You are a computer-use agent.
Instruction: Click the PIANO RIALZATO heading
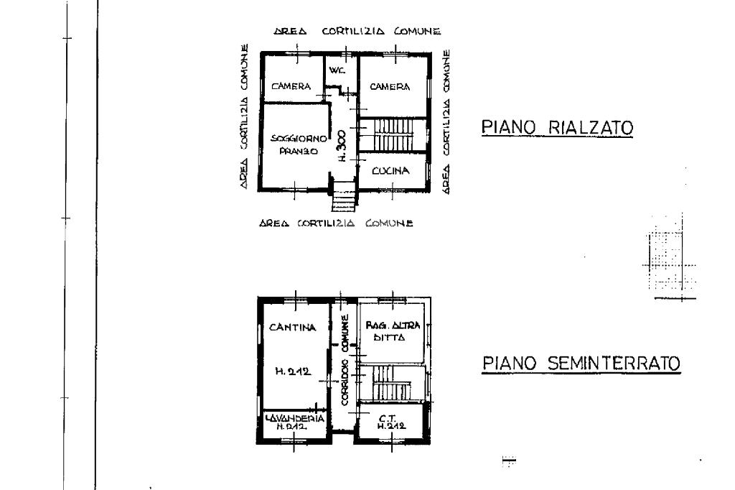click(556, 129)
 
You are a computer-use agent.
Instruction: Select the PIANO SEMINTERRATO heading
click(580, 364)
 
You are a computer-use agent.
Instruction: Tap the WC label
click(337, 70)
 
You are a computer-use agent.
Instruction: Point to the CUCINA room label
click(390, 171)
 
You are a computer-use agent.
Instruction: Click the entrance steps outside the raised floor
click(344, 195)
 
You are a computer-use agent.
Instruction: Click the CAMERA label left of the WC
click(291, 86)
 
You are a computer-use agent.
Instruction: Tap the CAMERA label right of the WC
click(390, 86)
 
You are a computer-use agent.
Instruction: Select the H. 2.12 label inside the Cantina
click(292, 371)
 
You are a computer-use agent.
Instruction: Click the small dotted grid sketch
click(670, 259)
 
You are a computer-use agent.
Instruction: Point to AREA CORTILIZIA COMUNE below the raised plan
click(336, 223)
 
